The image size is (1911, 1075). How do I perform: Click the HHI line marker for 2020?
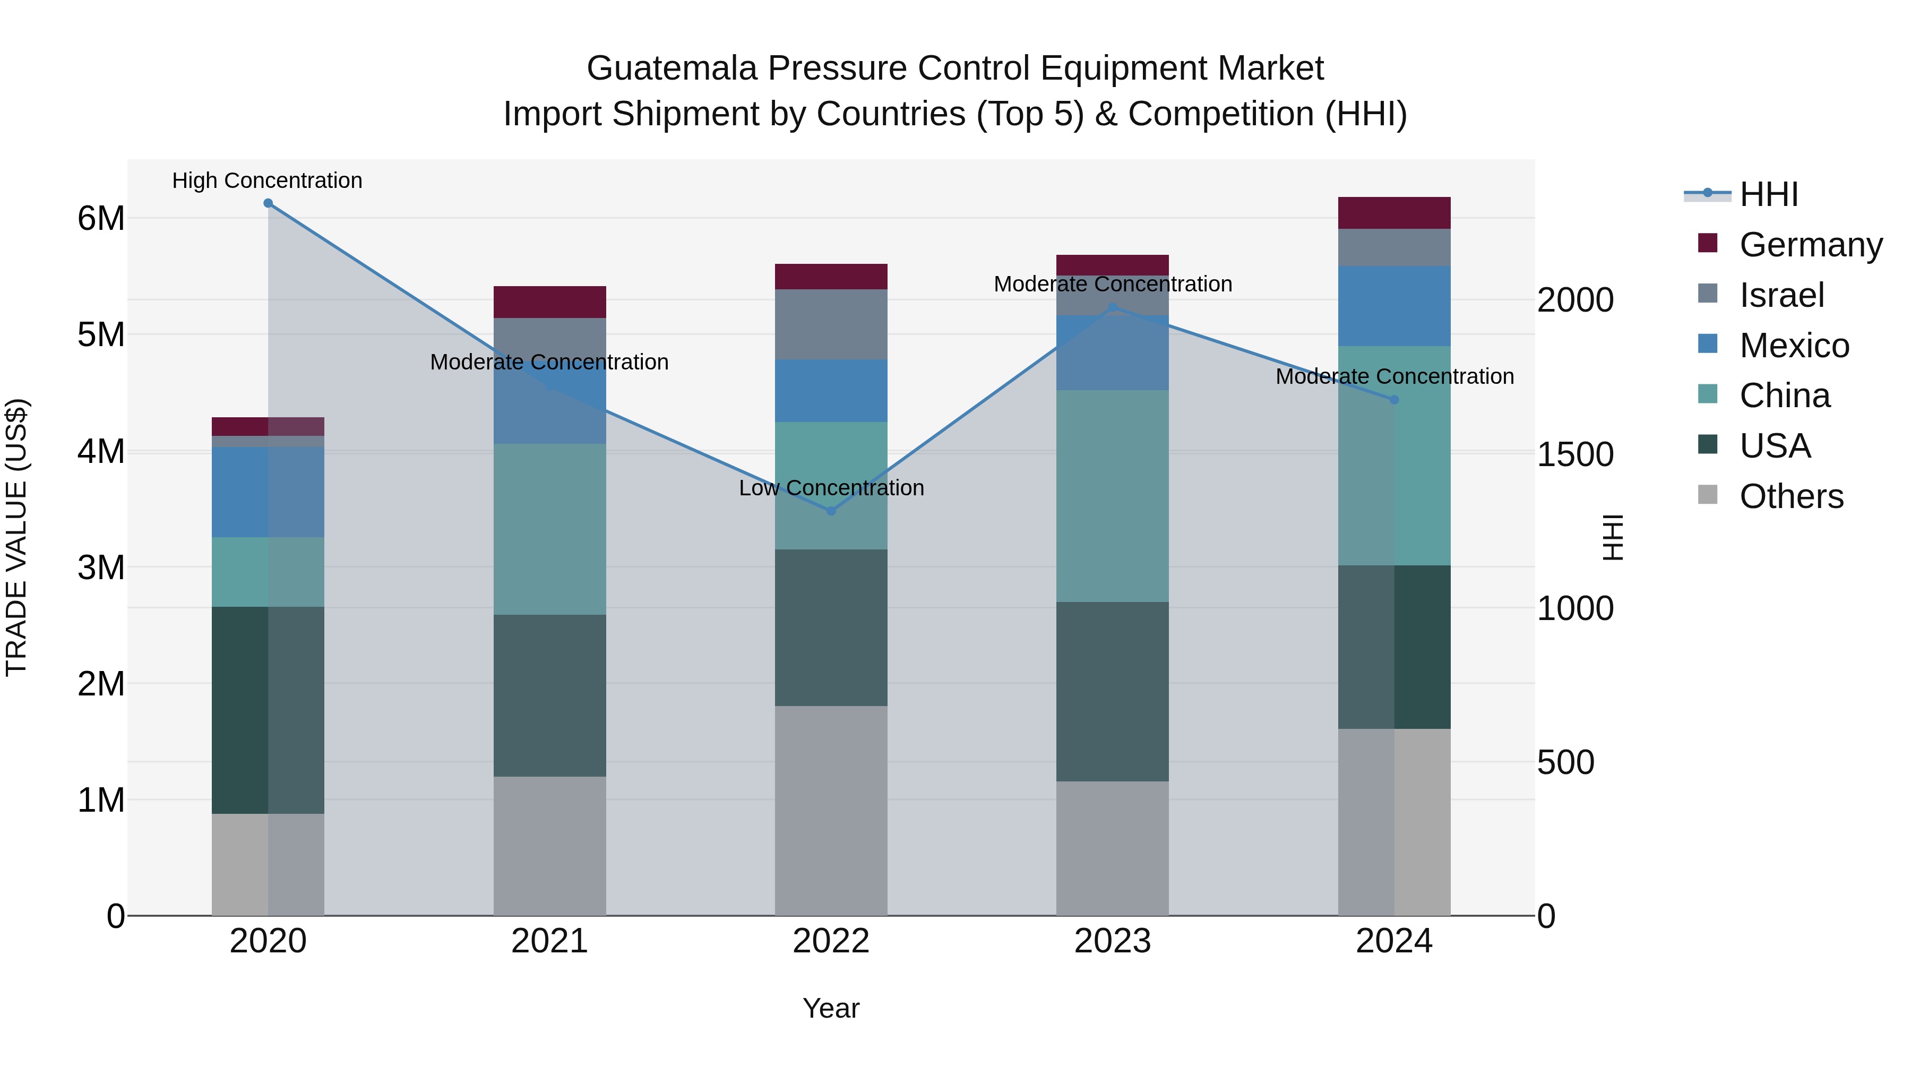coord(268,203)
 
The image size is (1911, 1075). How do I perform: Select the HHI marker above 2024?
coord(1394,399)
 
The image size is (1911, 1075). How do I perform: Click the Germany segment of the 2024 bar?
coord(1394,213)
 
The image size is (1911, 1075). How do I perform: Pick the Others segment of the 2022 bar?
coord(831,810)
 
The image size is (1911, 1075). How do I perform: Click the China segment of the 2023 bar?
coord(1112,496)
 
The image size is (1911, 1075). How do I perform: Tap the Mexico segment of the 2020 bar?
coord(268,492)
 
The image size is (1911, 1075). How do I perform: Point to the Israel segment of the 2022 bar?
coord(831,324)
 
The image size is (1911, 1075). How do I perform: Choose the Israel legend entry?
coord(1781,295)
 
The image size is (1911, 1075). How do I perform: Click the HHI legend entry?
coord(1769,194)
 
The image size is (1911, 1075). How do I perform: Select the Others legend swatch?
coord(1708,495)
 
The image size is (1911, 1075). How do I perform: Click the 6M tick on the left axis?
coord(101,219)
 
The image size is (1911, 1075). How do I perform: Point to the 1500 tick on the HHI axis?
coord(1574,455)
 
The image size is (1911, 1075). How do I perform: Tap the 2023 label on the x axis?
coord(1112,941)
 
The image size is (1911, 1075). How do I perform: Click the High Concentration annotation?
coord(267,180)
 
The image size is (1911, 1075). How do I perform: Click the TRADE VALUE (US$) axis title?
coord(16,537)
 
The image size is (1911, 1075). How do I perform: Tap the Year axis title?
coord(831,1008)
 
